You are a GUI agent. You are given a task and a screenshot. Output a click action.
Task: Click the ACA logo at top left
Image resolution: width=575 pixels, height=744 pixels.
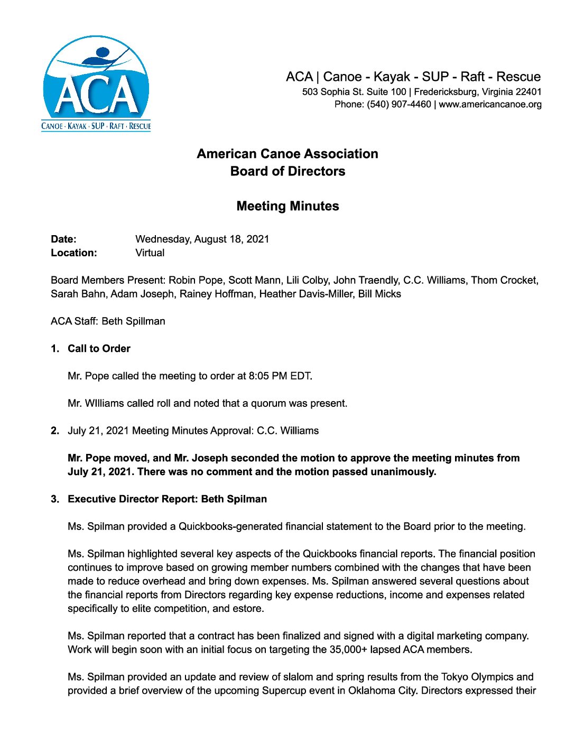96,83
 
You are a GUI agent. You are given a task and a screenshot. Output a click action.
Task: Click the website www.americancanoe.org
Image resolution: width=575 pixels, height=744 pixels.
490,105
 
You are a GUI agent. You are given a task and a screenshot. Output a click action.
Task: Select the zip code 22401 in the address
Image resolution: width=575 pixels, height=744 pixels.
528,92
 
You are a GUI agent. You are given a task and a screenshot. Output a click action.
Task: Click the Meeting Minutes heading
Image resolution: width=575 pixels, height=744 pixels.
287,206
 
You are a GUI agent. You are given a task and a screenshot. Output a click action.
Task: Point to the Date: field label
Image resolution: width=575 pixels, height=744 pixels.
63,239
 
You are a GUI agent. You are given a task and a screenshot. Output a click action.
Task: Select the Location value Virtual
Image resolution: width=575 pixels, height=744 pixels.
150,253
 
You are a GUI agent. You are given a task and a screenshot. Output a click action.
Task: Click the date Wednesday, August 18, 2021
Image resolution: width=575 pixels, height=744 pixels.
202,239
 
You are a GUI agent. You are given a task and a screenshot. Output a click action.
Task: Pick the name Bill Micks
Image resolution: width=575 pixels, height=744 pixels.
379,294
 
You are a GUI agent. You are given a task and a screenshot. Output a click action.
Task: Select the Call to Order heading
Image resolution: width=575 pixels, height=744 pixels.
99,349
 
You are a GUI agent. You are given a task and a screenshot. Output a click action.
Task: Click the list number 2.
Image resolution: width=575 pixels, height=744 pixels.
55,431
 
